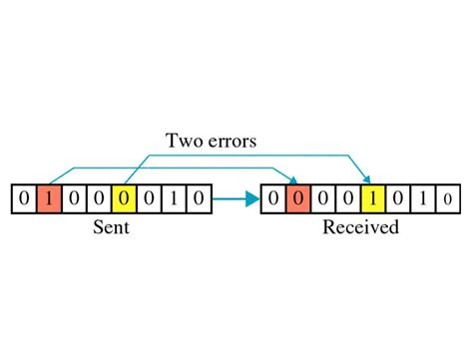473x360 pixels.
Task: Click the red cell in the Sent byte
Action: pyautogui.click(x=48, y=199)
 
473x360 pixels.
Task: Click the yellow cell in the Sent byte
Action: pyautogui.click(x=123, y=199)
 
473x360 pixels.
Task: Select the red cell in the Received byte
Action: pyautogui.click(x=297, y=199)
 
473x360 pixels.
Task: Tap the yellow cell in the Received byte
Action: pyautogui.click(x=372, y=199)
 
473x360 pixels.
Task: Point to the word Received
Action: pyautogui.click(x=360, y=227)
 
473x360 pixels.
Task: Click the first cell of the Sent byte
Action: pyautogui.click(x=23, y=199)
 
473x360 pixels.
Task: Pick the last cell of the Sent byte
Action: pyautogui.click(x=198, y=199)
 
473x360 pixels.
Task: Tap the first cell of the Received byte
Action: pyautogui.click(x=272, y=199)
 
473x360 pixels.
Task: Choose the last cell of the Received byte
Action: pyautogui.click(x=447, y=199)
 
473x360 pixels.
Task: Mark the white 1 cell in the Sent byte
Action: pyautogui.click(x=173, y=199)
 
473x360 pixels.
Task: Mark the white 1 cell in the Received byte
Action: pyautogui.click(x=422, y=199)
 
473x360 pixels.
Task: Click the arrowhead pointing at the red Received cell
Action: pyautogui.click(x=294, y=180)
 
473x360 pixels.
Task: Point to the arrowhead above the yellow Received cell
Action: pyautogui.click(x=370, y=180)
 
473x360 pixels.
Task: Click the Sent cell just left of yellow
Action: pyautogui.click(x=98, y=199)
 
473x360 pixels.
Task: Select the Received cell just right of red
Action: pyautogui.click(x=322, y=199)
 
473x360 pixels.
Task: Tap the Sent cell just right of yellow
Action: pyautogui.click(x=148, y=199)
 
